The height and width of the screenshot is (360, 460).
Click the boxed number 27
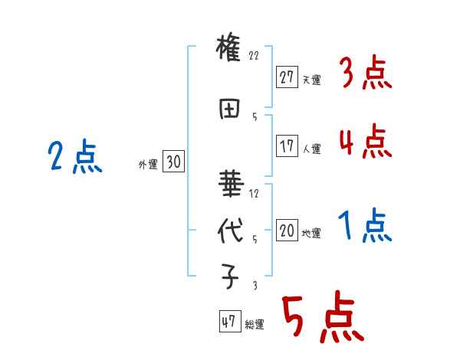tap(287, 77)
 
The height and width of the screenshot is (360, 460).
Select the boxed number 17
tap(287, 146)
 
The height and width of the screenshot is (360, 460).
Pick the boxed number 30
tap(172, 162)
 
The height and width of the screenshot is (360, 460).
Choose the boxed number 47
tap(228, 322)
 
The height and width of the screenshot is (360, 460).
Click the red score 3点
tap(364, 74)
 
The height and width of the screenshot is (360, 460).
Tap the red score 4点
tap(364, 142)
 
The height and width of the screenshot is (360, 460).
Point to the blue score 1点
tap(364, 227)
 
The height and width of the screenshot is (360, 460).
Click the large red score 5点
tap(321, 319)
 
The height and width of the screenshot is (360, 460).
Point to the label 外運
tap(147, 165)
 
